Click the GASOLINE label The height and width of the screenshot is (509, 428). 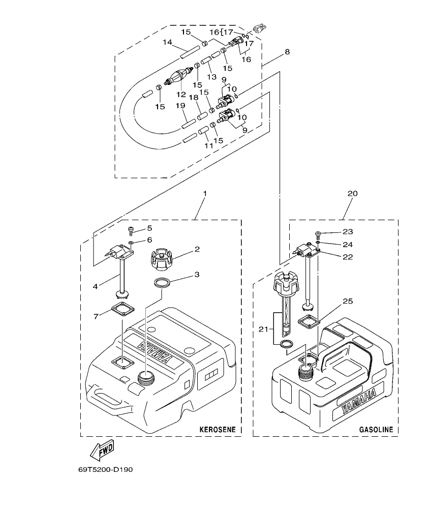pos(376,430)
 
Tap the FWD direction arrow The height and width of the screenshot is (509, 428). pos(102,450)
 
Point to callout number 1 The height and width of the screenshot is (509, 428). pos(204,194)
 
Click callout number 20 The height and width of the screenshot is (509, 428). pos(352,194)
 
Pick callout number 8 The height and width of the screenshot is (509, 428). pos(287,52)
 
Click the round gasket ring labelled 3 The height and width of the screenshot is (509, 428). pos(161,283)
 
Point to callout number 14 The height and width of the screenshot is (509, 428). pos(167,43)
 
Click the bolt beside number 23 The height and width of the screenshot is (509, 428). pos(317,234)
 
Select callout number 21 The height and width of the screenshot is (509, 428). pos(262,330)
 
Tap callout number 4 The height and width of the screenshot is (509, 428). pos(95,287)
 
